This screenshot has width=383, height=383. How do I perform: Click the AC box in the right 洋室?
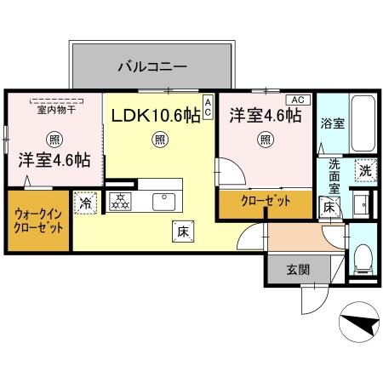296,100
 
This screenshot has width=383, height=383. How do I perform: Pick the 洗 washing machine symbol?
364,169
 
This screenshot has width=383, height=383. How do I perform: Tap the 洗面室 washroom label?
334,175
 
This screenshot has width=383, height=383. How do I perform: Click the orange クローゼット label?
264,202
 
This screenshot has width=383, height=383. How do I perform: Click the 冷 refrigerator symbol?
85,203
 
